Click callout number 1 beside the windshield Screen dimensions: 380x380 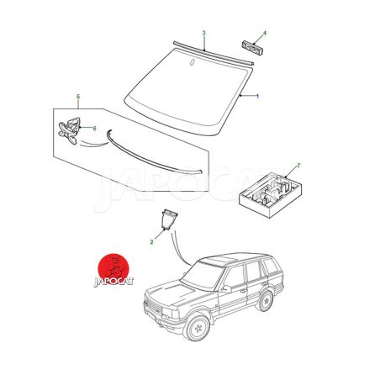257,97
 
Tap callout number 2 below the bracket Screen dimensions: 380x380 151,242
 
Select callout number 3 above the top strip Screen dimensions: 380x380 204,33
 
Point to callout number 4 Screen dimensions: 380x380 265,33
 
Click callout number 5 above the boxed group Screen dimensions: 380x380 78,97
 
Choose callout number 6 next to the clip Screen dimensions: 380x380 94,129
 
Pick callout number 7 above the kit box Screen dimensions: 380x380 298,166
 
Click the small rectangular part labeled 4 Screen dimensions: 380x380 252,48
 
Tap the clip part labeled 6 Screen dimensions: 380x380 70,130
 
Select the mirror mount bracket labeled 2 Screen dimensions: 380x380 168,219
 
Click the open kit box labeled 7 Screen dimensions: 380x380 270,195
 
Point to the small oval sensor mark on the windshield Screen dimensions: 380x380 192,62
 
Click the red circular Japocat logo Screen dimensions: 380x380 113,269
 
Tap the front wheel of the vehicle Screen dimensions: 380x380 197,327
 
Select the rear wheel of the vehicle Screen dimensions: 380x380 265,301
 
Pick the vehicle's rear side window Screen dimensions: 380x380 270,267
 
